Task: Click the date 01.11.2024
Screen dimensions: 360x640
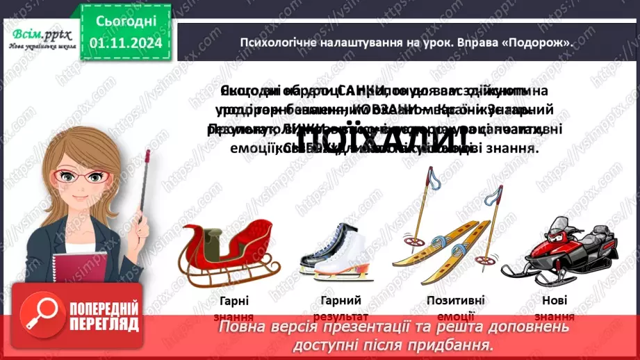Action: [126, 43]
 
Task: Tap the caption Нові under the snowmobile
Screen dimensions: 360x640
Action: [555, 300]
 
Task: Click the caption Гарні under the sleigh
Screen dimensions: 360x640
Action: [231, 300]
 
